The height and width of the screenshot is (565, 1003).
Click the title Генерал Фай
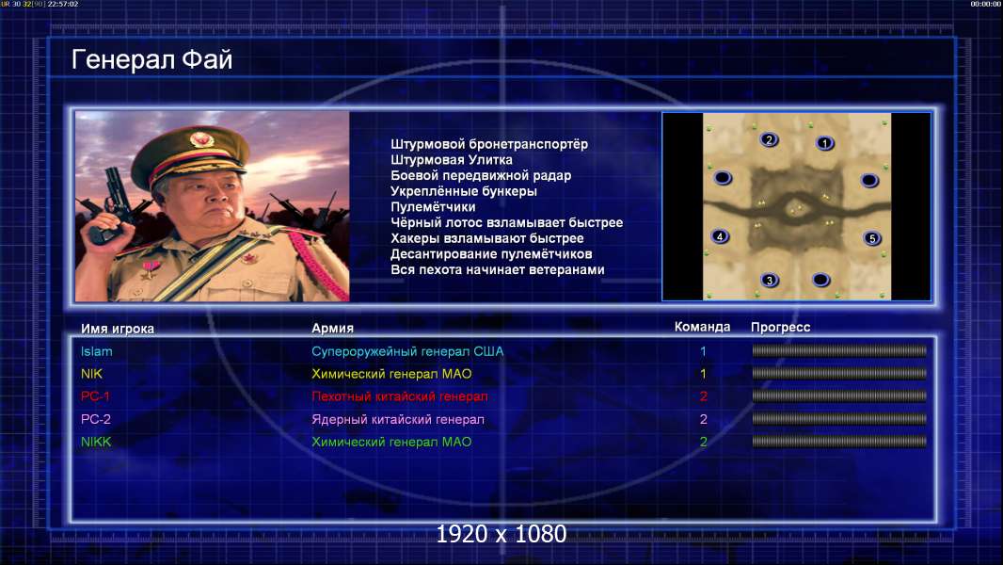(x=151, y=59)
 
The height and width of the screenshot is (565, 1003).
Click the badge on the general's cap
(x=200, y=139)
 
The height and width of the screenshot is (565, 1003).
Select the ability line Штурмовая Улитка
(x=451, y=160)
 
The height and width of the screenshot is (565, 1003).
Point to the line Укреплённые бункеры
(x=464, y=191)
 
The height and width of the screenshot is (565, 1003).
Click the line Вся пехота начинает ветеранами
(x=497, y=270)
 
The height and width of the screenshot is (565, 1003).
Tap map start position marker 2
(x=769, y=139)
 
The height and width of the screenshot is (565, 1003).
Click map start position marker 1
(x=824, y=143)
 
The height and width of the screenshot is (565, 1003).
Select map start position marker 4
(x=720, y=236)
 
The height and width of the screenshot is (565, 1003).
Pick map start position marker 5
(x=871, y=238)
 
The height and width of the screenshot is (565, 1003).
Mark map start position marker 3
(x=770, y=280)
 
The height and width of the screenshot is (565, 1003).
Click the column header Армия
(x=333, y=329)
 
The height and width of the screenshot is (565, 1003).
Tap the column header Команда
(x=702, y=327)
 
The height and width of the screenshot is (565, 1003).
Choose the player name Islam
(x=97, y=351)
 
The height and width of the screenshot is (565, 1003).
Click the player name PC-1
(x=95, y=396)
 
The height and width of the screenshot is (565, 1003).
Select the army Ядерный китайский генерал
(x=398, y=420)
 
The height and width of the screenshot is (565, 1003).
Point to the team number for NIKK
(x=703, y=443)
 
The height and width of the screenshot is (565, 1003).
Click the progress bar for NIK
(x=839, y=374)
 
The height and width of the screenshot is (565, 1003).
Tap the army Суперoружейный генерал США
(x=407, y=352)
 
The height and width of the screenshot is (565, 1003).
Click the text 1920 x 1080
(x=501, y=534)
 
